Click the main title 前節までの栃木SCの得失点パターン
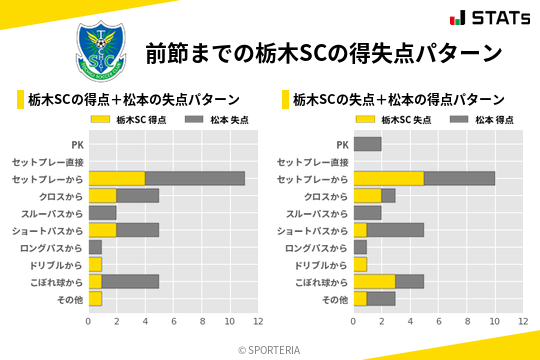(x=322, y=52)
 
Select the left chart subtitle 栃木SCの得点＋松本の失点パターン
(x=134, y=100)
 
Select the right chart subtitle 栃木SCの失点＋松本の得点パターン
(x=398, y=100)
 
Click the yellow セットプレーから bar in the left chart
(x=116, y=178)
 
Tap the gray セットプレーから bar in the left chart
(x=194, y=178)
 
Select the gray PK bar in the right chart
(x=367, y=144)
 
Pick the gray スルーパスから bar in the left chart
(x=102, y=213)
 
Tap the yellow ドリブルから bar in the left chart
(x=95, y=264)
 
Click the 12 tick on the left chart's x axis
(x=258, y=321)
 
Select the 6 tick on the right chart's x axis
(x=438, y=321)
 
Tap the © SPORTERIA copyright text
(x=270, y=349)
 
